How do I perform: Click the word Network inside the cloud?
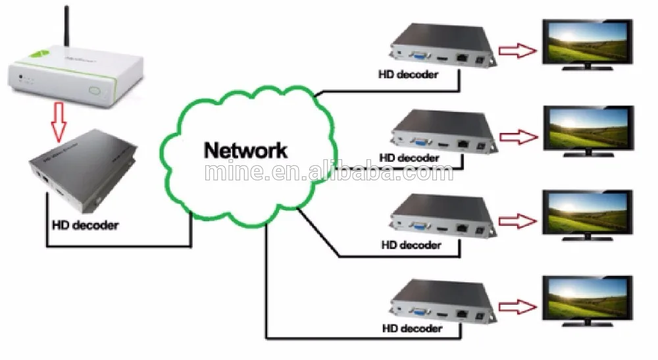[245, 149]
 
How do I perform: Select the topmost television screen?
[586, 40]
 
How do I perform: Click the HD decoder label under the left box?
[86, 226]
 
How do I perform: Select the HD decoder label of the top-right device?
[409, 74]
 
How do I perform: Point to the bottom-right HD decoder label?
[411, 328]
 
